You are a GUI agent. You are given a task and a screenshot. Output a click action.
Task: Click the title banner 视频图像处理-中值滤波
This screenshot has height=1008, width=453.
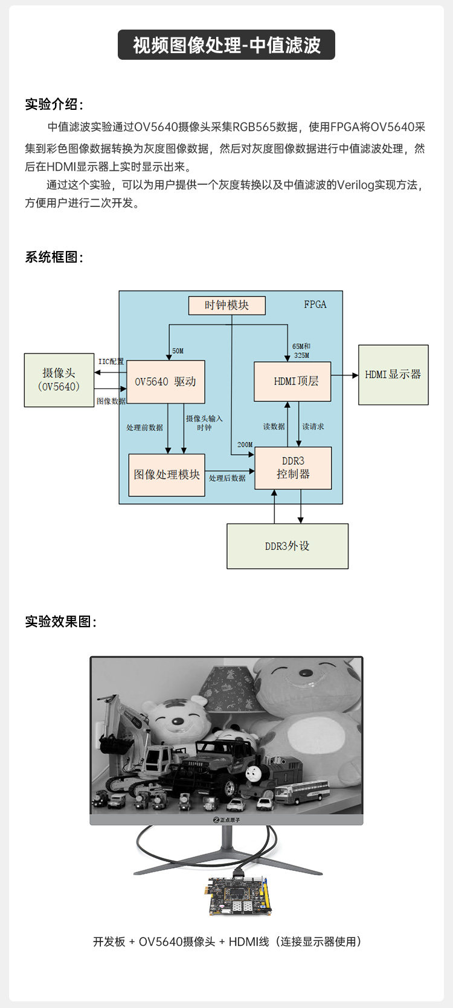coord(226,45)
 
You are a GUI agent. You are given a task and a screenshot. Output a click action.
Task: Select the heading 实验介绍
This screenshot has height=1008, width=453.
coord(54,104)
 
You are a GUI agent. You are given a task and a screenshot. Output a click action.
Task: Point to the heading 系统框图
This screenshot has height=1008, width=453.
coord(54,257)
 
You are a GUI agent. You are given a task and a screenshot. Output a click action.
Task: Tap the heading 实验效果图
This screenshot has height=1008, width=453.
coord(60,622)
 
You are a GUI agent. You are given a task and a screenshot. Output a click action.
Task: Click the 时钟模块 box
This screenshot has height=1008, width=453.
coord(226,305)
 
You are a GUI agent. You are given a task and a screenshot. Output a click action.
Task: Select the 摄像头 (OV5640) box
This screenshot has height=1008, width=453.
coord(59,380)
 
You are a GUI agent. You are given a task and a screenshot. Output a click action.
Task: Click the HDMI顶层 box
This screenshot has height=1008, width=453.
coord(292,381)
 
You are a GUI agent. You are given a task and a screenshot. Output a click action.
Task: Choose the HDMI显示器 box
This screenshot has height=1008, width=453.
coord(393,375)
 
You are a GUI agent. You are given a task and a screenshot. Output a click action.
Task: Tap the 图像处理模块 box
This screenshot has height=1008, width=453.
coord(167,475)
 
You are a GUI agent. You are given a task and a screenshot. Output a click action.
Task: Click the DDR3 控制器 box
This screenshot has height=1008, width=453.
coord(293,468)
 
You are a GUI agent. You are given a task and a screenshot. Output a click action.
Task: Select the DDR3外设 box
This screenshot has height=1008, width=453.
coord(288,546)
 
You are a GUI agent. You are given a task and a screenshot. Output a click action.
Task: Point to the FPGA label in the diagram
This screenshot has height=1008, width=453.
coord(315,305)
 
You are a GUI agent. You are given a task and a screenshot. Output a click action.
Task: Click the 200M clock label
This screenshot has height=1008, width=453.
coord(245,445)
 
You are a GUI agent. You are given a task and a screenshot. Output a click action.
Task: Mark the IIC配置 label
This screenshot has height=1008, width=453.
coord(111,362)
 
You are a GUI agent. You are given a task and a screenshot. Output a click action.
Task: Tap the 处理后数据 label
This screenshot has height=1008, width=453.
coord(227,478)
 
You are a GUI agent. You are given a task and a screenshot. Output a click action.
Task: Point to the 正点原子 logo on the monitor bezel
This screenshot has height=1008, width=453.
coord(226,820)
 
